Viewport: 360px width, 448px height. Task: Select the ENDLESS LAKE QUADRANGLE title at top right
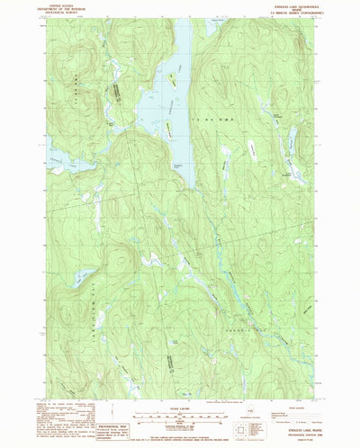click(285, 3)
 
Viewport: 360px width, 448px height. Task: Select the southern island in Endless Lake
click(168, 130)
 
